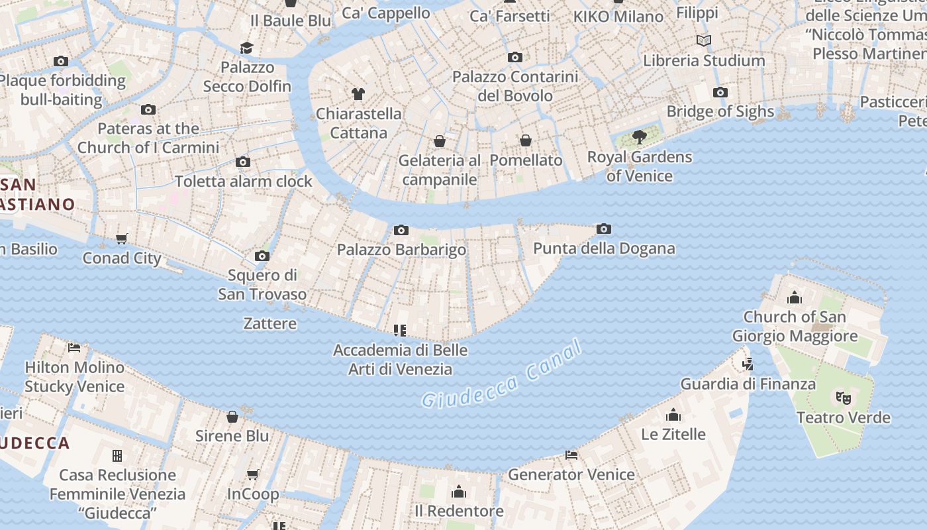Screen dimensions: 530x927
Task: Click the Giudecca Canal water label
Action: (502, 375)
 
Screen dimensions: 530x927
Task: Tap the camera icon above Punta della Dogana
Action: (603, 229)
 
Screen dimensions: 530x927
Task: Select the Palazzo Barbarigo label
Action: (401, 250)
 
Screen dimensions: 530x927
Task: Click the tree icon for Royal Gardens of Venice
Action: (640, 137)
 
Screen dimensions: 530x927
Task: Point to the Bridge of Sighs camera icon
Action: (720, 93)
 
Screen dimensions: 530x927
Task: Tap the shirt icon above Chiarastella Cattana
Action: (358, 94)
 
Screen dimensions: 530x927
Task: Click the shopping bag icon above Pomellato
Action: (526, 140)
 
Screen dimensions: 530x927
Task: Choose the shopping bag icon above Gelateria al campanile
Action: (439, 141)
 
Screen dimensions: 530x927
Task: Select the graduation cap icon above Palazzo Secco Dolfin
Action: (247, 48)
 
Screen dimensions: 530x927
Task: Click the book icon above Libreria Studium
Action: (704, 41)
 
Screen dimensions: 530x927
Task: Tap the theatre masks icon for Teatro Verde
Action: (843, 398)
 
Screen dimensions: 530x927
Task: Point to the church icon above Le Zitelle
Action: (673, 415)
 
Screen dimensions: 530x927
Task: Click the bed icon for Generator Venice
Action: (571, 455)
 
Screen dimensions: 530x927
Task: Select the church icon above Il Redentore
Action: (458, 492)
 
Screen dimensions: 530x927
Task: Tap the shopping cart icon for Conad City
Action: (122, 238)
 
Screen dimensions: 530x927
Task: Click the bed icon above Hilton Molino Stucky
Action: (74, 348)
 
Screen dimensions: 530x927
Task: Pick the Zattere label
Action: (270, 324)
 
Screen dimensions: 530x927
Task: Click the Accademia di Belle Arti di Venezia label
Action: (401, 360)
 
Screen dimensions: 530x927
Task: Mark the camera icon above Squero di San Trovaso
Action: (262, 256)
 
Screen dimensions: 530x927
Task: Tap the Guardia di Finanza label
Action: (748, 384)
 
